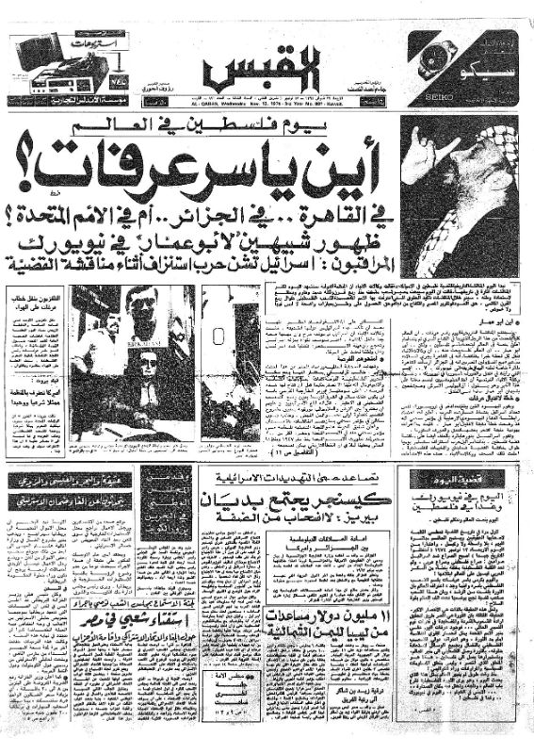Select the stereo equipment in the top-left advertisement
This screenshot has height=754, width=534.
(x=57, y=66)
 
